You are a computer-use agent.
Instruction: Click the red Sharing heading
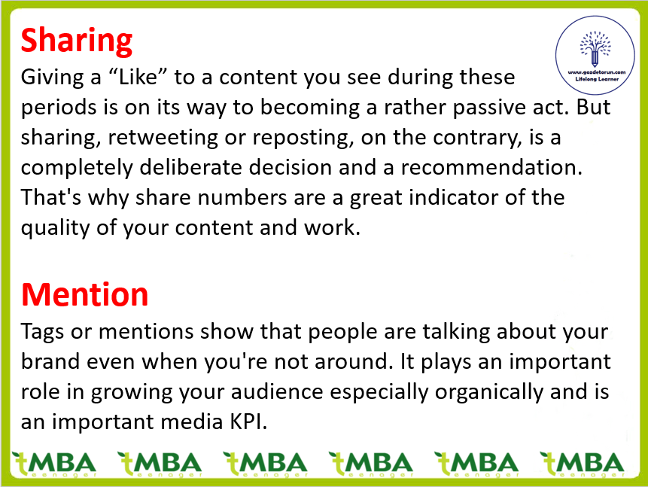[x=77, y=41]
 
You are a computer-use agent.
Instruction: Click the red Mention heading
[x=85, y=294]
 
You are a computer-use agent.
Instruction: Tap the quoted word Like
[x=138, y=77]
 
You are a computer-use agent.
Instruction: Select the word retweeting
[x=163, y=138]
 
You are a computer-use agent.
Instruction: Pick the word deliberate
[x=194, y=167]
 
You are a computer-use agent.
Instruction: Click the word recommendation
[x=491, y=167]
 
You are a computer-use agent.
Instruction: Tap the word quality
[x=56, y=228]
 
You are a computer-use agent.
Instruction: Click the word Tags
[x=42, y=332]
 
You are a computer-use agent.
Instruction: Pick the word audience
[x=277, y=391]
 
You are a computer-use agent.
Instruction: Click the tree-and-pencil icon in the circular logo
[x=595, y=48]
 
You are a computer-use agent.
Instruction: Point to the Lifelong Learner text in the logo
[x=597, y=79]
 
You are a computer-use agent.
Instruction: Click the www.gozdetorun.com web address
[x=596, y=72]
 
